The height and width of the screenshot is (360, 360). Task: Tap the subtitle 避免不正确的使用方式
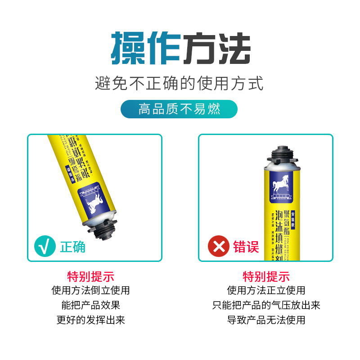(179, 84)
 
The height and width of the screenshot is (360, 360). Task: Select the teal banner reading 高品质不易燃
(179, 109)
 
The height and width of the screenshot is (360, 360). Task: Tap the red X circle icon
(219, 246)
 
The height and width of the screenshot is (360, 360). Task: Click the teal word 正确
(73, 246)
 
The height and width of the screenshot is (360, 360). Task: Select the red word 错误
(246, 246)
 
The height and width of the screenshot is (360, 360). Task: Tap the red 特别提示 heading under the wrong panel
(266, 276)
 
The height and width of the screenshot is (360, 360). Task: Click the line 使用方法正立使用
(266, 290)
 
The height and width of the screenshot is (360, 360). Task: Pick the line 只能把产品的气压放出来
(266, 305)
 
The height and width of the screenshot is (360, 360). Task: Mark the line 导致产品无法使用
(266, 320)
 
